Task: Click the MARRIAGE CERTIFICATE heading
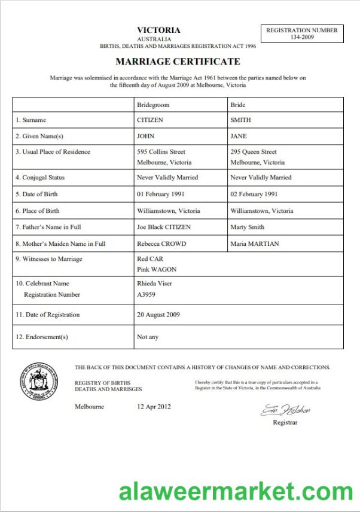click(x=178, y=62)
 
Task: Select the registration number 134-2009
click(x=302, y=38)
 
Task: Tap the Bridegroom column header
click(x=153, y=105)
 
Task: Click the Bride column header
click(x=238, y=105)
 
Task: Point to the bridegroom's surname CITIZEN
click(x=150, y=120)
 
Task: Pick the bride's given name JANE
click(x=239, y=136)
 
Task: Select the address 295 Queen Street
click(x=254, y=152)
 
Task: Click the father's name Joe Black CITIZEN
click(x=167, y=227)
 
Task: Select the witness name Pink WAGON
click(x=157, y=270)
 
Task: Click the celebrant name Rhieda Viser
click(x=154, y=284)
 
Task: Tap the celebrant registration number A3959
click(x=147, y=294)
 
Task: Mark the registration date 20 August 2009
click(x=158, y=315)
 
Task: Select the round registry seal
click(x=39, y=380)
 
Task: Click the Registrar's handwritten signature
click(x=285, y=411)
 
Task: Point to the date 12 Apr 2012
click(x=154, y=407)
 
